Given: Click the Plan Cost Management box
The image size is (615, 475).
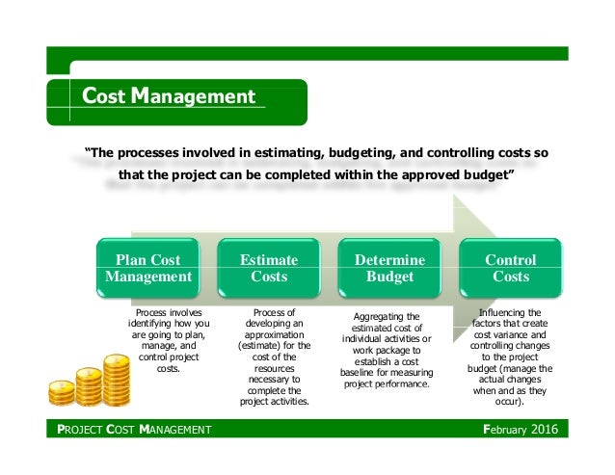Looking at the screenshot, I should [148, 269].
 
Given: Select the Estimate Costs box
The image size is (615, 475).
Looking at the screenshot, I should [269, 269].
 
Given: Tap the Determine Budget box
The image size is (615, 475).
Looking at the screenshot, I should [390, 269].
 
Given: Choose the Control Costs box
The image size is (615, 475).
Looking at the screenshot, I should [511, 269].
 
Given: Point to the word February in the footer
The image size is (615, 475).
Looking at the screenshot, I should [503, 428].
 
